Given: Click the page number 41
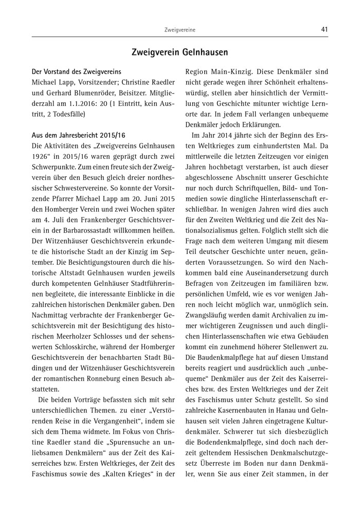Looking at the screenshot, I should (324, 30).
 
